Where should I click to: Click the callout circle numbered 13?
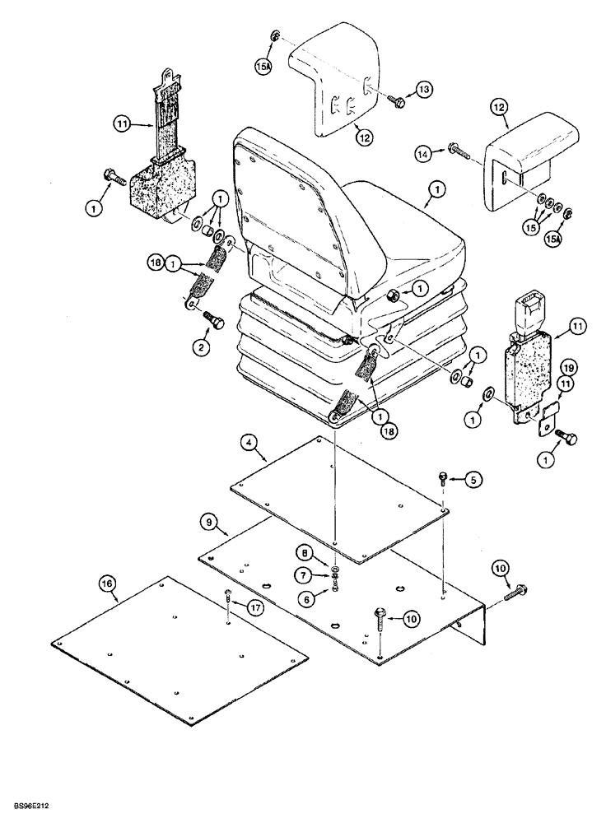[422, 89]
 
